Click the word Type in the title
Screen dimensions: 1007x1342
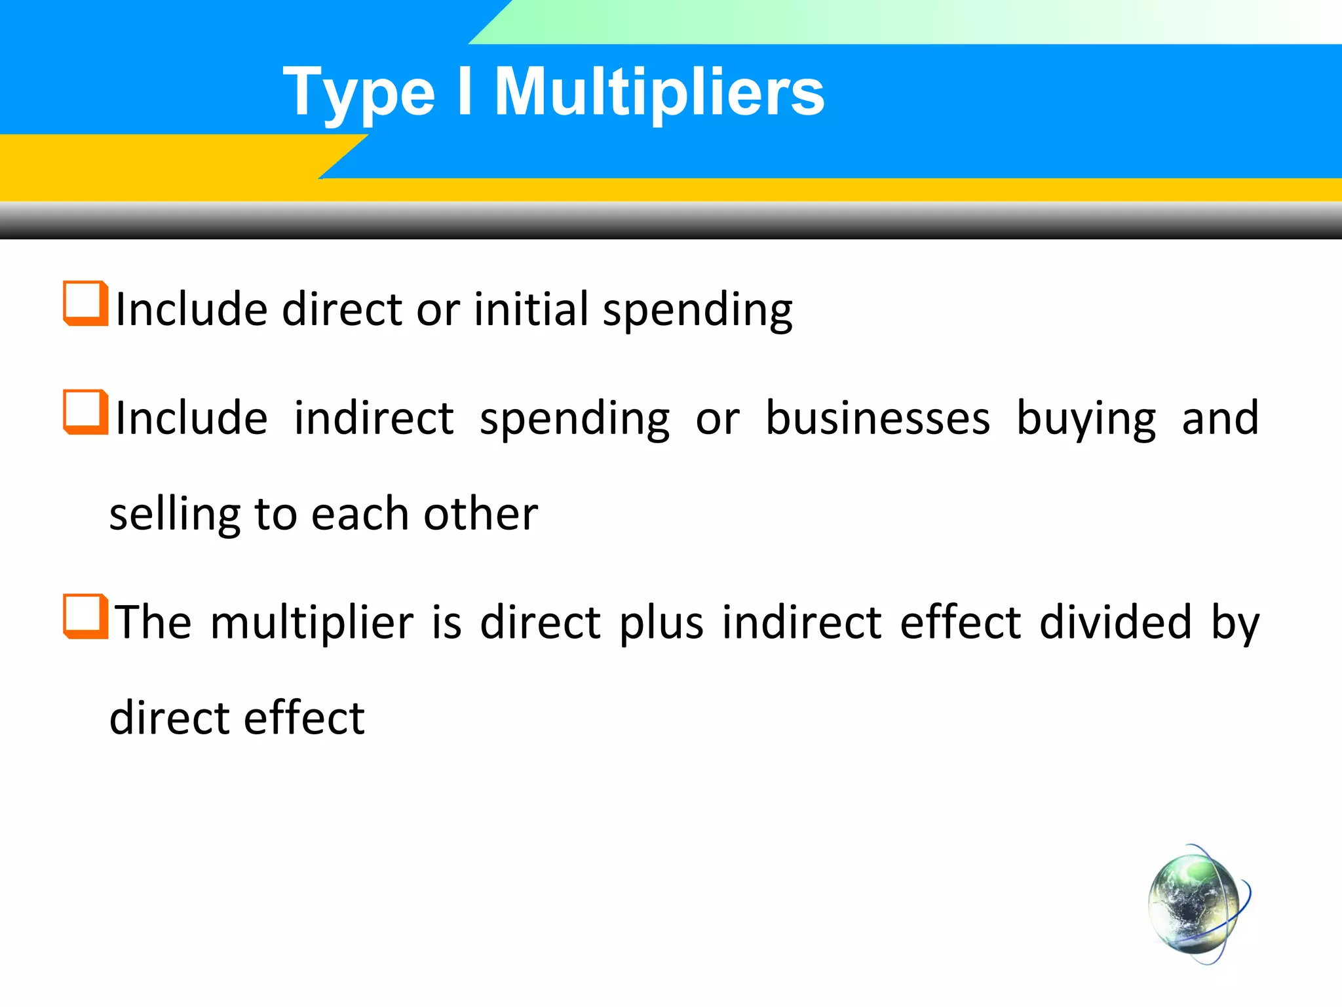358,94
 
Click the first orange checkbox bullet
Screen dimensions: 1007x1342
85,304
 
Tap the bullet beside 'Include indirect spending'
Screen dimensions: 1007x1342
85,412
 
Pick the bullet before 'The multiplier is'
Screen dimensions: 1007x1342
85,616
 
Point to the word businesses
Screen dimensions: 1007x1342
878,418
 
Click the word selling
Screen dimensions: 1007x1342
174,515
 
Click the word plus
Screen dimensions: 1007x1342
661,623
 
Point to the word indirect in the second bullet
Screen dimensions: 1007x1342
374,418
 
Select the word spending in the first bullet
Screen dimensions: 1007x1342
697,311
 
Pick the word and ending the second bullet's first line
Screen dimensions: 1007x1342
1220,418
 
